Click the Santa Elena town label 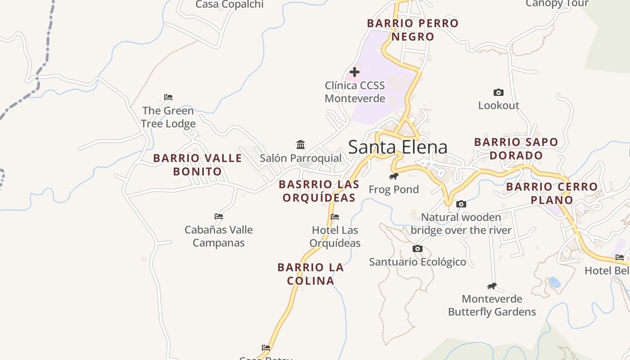pos(398,147)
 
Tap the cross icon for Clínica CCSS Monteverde pos(355,72)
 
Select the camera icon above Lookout pos(498,93)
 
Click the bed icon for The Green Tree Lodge pos(168,97)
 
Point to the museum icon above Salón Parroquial pos(301,145)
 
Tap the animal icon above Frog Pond pos(394,176)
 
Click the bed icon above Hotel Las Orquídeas pos(335,217)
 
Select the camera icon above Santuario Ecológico pos(418,249)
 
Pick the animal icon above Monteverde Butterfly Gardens pos(492,286)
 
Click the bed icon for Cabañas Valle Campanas pos(219,216)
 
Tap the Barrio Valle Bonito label pos(198,165)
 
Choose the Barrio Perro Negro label pos(413,30)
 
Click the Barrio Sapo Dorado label pos(516,148)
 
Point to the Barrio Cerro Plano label pos(552,193)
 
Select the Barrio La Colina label pos(310,274)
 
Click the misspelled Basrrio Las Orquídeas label pos(319,191)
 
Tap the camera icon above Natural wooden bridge pos(461,204)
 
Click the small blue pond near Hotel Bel pos(555,282)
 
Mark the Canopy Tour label pos(557,4)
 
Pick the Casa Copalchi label pos(229,4)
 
